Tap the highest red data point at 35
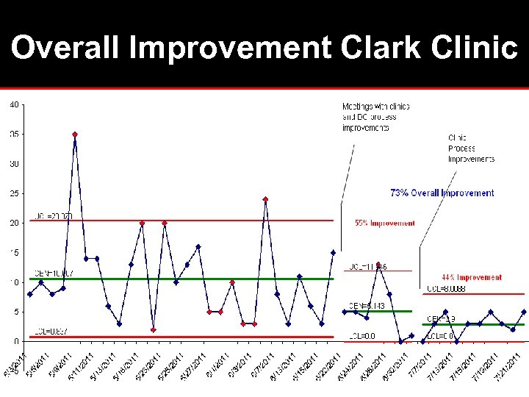click(75, 135)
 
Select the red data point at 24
click(265, 199)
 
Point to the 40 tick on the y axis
click(14, 104)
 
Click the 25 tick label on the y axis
click(14, 193)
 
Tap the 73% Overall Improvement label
click(442, 193)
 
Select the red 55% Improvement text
click(384, 223)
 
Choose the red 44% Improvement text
click(472, 277)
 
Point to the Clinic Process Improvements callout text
click(470, 148)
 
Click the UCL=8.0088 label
click(445, 288)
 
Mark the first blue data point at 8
click(29, 294)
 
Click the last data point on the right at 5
click(524, 312)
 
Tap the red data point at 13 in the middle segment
click(378, 265)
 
